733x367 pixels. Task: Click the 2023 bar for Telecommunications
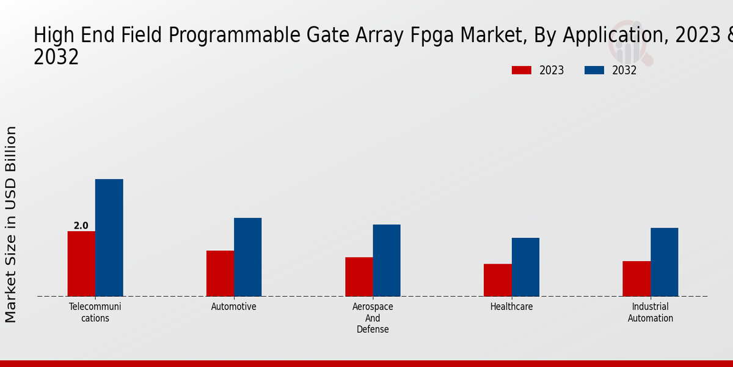click(81, 264)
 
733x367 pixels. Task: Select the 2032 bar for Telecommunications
click(109, 238)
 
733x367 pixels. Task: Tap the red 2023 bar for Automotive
click(220, 273)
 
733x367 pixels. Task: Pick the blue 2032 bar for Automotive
click(247, 257)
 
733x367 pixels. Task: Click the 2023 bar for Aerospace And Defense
click(359, 276)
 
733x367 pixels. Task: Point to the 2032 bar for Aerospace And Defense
click(387, 261)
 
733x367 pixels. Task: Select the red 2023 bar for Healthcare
click(497, 280)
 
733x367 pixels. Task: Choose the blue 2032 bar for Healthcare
click(525, 267)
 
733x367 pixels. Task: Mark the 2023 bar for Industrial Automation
click(636, 279)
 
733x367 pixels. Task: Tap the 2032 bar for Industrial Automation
click(664, 262)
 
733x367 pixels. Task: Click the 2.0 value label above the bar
click(81, 226)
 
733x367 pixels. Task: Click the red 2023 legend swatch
click(521, 70)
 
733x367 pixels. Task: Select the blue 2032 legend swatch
click(594, 70)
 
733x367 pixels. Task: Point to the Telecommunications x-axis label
click(95, 313)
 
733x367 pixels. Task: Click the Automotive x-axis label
click(234, 307)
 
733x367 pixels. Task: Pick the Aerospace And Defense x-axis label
click(373, 318)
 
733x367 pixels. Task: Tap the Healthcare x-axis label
click(511, 307)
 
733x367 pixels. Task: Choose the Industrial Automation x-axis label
click(651, 313)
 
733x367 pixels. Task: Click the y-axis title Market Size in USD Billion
click(11, 224)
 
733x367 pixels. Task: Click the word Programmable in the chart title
click(240, 36)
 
